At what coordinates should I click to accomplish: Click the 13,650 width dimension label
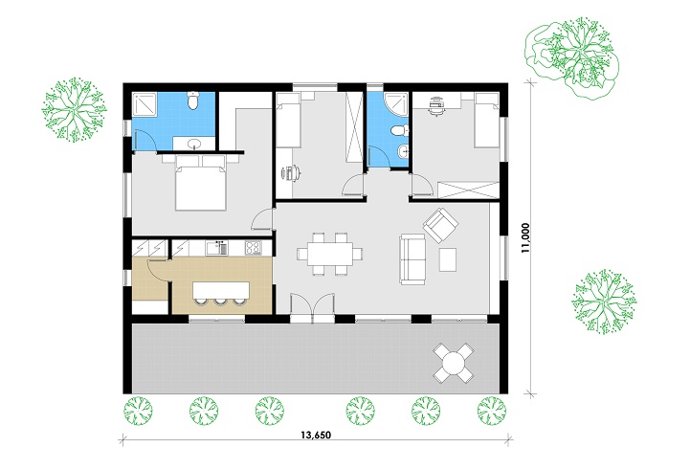(316, 436)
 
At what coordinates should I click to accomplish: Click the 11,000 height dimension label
(525, 237)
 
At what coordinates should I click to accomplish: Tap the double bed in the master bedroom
(201, 184)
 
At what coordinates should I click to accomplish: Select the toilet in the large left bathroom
(192, 101)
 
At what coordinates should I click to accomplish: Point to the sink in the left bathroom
(193, 144)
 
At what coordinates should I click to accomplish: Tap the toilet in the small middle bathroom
(400, 130)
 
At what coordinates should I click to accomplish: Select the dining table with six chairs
(330, 255)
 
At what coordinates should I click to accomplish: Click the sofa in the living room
(412, 258)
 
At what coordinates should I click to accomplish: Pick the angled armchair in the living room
(440, 225)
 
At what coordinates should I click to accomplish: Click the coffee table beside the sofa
(448, 259)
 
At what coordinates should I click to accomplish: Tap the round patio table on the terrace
(454, 364)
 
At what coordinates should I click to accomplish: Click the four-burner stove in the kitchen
(253, 248)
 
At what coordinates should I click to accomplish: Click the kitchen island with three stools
(220, 293)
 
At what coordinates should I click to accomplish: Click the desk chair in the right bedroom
(435, 106)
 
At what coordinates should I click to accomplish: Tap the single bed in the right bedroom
(486, 120)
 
